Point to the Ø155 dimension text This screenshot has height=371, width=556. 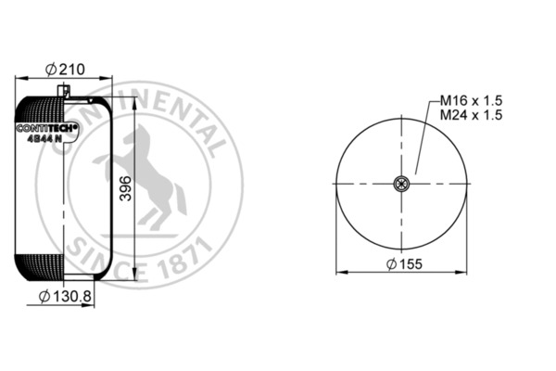tap(400, 266)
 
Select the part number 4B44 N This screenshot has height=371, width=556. tap(45, 140)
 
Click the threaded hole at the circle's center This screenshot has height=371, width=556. tap(400, 185)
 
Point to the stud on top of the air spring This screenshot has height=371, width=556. tap(67, 90)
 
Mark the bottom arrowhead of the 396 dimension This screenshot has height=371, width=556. tap(138, 277)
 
